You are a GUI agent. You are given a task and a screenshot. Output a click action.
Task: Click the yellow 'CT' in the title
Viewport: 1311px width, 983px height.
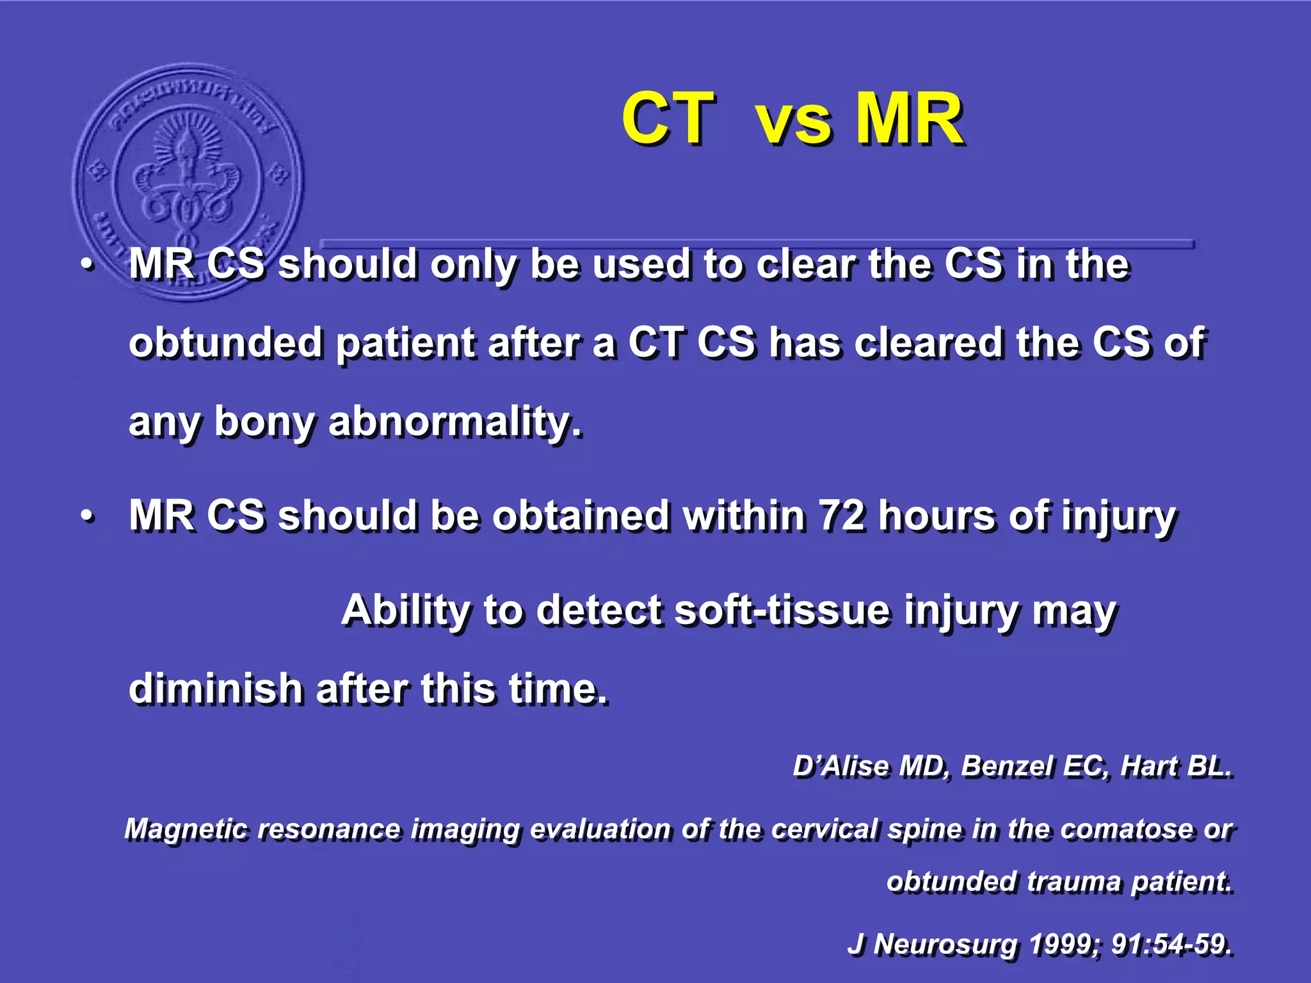tap(667, 119)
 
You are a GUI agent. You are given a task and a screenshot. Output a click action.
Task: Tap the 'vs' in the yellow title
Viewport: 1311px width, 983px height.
tap(794, 122)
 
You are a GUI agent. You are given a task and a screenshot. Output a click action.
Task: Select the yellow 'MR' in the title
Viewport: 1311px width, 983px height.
tap(909, 119)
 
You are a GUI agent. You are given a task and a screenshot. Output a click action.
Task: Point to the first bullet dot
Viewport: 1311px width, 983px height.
tap(88, 266)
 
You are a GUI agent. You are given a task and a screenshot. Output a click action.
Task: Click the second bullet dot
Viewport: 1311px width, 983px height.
tap(88, 517)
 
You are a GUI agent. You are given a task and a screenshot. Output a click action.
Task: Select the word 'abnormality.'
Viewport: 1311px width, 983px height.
tap(455, 422)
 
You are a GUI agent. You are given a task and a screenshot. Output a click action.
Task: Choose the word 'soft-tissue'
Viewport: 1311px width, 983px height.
tap(782, 610)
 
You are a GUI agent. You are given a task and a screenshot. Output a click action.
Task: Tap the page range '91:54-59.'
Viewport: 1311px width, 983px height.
tap(1171, 944)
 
